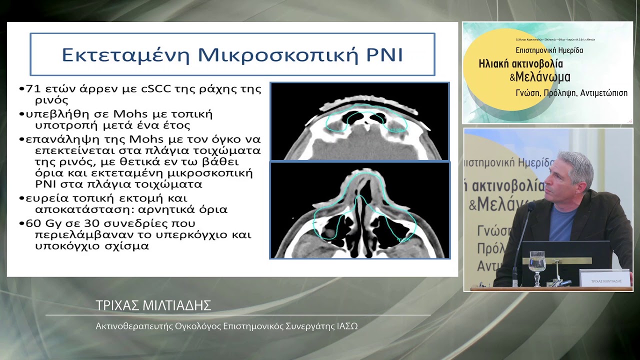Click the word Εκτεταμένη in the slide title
pyautogui.click(x=125, y=54)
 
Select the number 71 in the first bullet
pyautogui.click(x=32, y=89)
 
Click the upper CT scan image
pyautogui.click(x=359, y=121)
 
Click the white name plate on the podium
pyautogui.click(x=605, y=279)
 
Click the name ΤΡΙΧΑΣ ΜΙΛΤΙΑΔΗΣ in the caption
pyautogui.click(x=153, y=305)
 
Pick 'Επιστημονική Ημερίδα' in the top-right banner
pyautogui.click(x=549, y=50)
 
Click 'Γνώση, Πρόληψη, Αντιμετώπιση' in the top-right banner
pyautogui.click(x=571, y=93)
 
